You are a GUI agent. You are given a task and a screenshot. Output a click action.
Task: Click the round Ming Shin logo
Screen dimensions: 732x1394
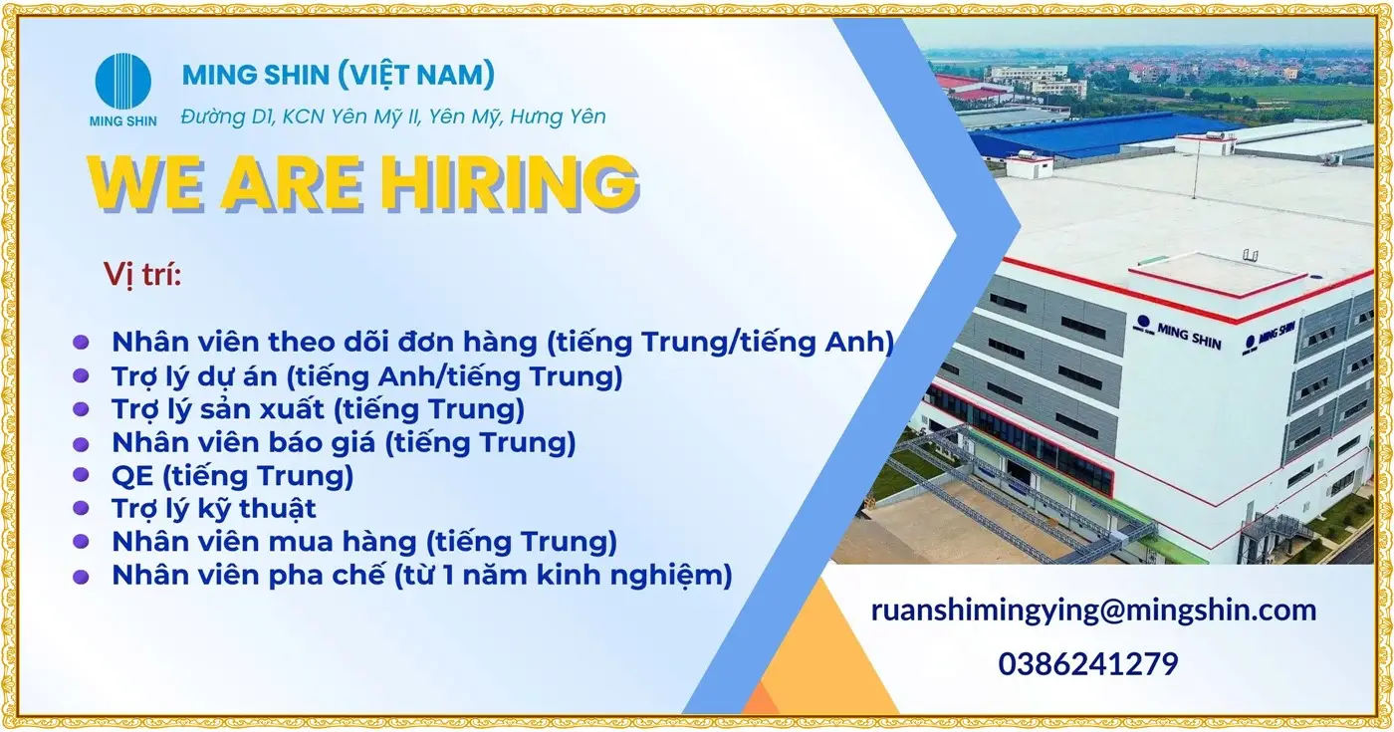pos(123,81)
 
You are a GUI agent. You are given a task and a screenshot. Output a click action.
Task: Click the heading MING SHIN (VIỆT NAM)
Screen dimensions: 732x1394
pos(339,74)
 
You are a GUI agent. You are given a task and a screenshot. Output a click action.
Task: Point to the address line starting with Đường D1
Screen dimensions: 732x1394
pos(393,117)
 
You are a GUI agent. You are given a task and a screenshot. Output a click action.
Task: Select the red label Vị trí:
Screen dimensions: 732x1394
pos(142,274)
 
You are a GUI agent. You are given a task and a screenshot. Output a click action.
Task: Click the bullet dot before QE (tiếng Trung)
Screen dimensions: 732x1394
pos(82,477)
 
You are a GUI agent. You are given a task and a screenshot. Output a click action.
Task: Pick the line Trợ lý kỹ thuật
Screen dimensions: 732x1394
pos(214,509)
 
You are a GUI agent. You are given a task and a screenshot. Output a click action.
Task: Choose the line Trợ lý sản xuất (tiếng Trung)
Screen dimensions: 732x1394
pos(318,408)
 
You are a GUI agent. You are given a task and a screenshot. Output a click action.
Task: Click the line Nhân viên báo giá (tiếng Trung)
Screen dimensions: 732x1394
pos(344,442)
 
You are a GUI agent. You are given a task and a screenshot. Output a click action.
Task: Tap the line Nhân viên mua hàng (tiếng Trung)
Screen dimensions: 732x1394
pos(364,542)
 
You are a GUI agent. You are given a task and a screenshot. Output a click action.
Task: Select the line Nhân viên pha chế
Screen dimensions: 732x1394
pos(421,575)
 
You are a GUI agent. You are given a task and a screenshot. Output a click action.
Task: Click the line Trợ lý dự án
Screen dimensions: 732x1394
pos(366,375)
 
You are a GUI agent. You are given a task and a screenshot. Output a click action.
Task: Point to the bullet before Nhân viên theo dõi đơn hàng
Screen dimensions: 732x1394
pos(82,343)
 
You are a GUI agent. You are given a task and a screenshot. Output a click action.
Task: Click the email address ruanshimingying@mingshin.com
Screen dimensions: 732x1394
pos(1093,610)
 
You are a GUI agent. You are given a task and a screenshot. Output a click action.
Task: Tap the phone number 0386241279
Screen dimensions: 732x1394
pos(1088,663)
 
